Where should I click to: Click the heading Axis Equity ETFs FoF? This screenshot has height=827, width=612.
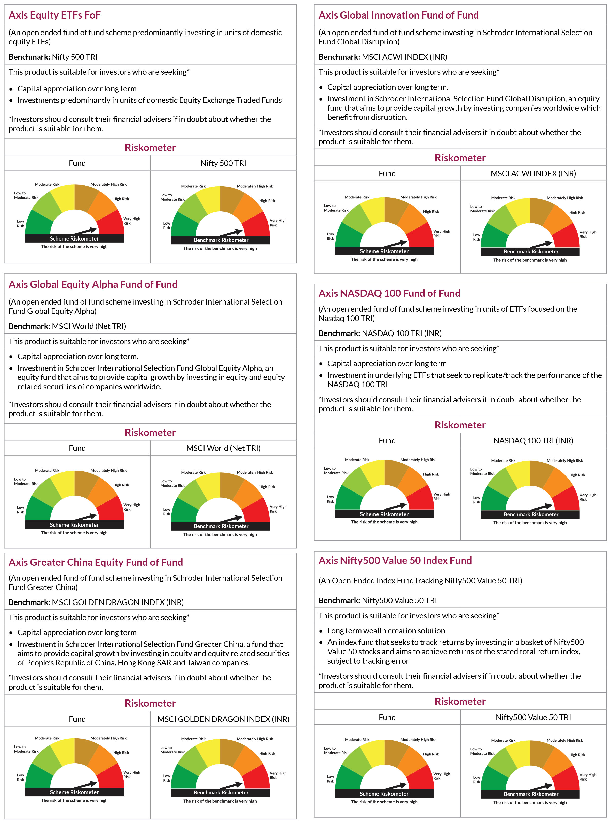[54, 15]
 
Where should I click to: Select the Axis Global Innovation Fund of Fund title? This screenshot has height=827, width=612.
[399, 15]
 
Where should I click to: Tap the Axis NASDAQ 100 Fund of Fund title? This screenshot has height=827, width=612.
[389, 293]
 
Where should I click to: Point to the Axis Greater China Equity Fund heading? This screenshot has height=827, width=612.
[96, 562]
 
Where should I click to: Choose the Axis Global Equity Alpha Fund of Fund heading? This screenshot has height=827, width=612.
[93, 284]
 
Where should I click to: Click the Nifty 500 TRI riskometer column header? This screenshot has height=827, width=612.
[223, 163]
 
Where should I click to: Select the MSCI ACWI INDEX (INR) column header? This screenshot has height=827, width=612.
[533, 173]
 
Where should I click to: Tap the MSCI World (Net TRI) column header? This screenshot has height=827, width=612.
[223, 448]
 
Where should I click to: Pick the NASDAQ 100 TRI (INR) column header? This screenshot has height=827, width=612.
[533, 441]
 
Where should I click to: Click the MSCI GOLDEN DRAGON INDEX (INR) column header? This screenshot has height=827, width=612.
[223, 719]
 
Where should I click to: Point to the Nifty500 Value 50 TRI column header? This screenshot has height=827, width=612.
[533, 717]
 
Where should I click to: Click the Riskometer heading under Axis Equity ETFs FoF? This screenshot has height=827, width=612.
[150, 147]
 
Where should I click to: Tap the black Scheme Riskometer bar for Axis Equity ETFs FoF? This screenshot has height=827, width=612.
[74, 238]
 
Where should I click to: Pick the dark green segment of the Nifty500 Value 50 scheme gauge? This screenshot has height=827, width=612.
[348, 777]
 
